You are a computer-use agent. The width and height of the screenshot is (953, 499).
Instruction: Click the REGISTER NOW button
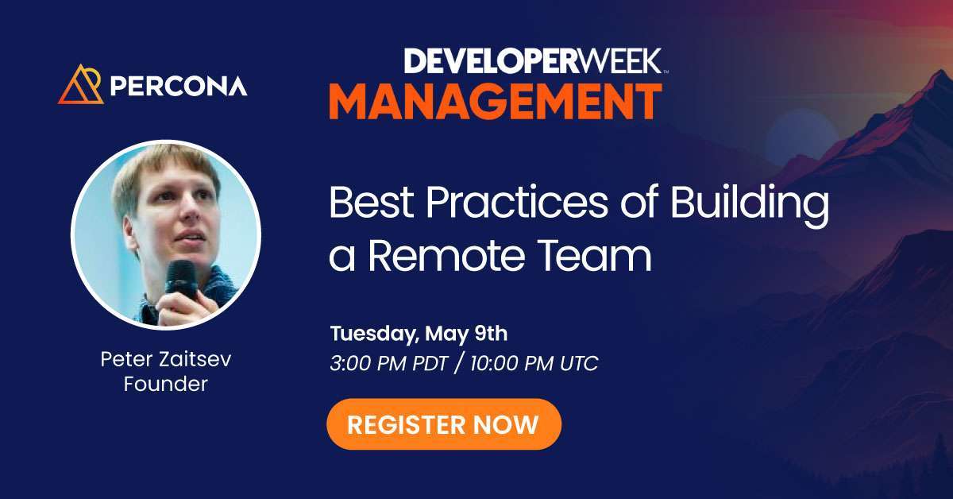point(443,424)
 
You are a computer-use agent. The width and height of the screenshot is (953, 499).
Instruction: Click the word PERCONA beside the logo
point(179,85)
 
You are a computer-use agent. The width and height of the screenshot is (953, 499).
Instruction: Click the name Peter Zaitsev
point(166,359)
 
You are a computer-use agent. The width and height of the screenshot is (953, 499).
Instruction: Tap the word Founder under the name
point(166,385)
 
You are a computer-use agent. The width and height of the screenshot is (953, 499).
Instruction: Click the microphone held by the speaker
point(181,279)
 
